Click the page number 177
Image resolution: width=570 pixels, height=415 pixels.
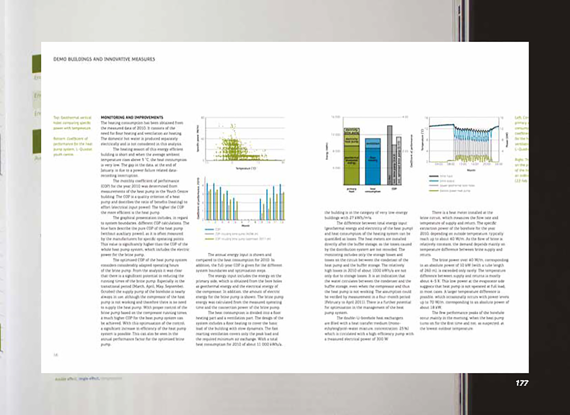tap(522, 383)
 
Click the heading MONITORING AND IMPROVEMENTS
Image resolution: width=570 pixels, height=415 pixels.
tap(132, 117)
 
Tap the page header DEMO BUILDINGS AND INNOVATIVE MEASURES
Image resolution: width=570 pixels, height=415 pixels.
tap(104, 59)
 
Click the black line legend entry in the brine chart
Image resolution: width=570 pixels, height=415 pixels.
tap(433, 176)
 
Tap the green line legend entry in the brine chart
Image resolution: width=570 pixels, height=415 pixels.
tap(433, 191)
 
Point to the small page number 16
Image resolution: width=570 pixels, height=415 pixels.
tap(55, 354)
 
